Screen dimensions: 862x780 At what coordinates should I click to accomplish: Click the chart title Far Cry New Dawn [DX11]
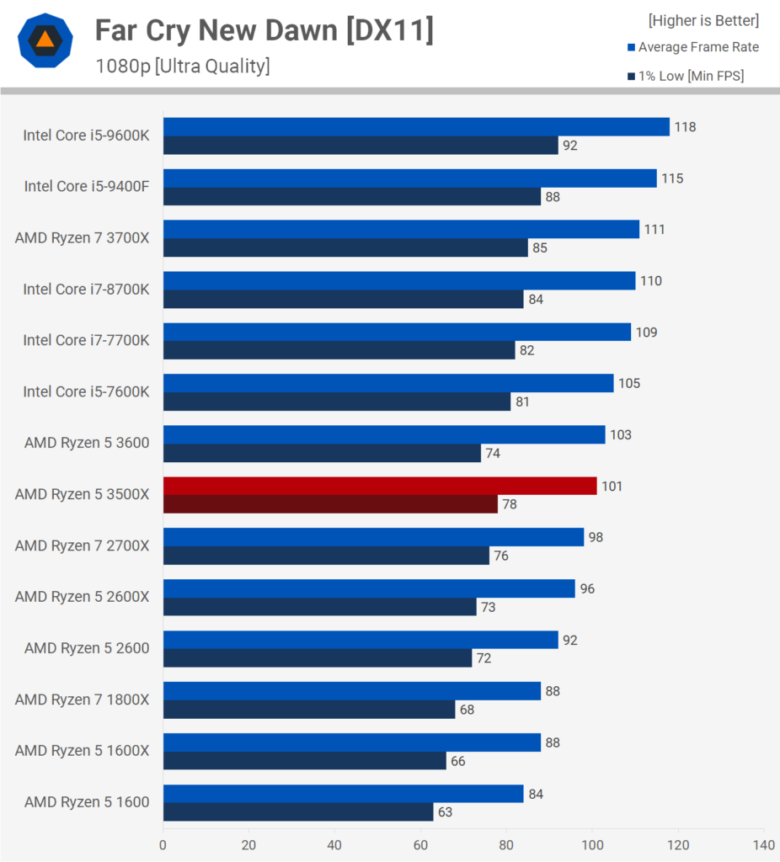point(264,30)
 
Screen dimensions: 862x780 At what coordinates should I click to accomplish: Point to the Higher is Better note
point(703,20)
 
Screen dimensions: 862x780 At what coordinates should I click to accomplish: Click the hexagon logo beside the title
point(45,40)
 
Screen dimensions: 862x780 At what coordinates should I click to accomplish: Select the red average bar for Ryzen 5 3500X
point(379,486)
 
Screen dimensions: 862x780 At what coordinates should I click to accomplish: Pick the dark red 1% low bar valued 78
point(330,504)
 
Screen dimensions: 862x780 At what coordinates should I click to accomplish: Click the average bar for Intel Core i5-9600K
point(415,126)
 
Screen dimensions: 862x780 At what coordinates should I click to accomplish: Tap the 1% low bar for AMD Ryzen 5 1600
point(297,811)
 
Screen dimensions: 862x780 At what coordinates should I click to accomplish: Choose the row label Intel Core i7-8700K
point(86,290)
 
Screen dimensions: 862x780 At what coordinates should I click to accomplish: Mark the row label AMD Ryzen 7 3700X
point(82,238)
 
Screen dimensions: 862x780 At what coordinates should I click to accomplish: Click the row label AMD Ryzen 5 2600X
point(82,597)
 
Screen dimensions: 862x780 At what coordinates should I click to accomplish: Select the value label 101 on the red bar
point(612,487)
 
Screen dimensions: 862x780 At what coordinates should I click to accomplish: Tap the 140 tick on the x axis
point(763,844)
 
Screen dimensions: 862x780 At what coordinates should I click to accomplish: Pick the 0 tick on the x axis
point(163,844)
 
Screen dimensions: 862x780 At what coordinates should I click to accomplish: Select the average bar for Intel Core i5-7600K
point(387,383)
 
